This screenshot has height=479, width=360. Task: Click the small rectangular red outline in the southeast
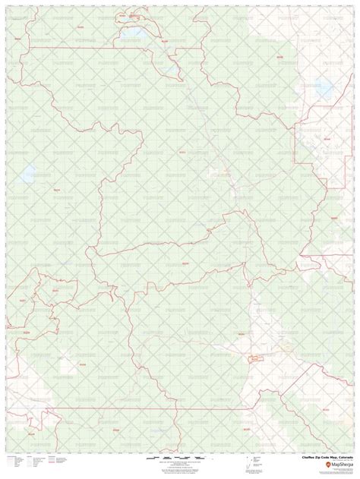coord(253,355)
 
